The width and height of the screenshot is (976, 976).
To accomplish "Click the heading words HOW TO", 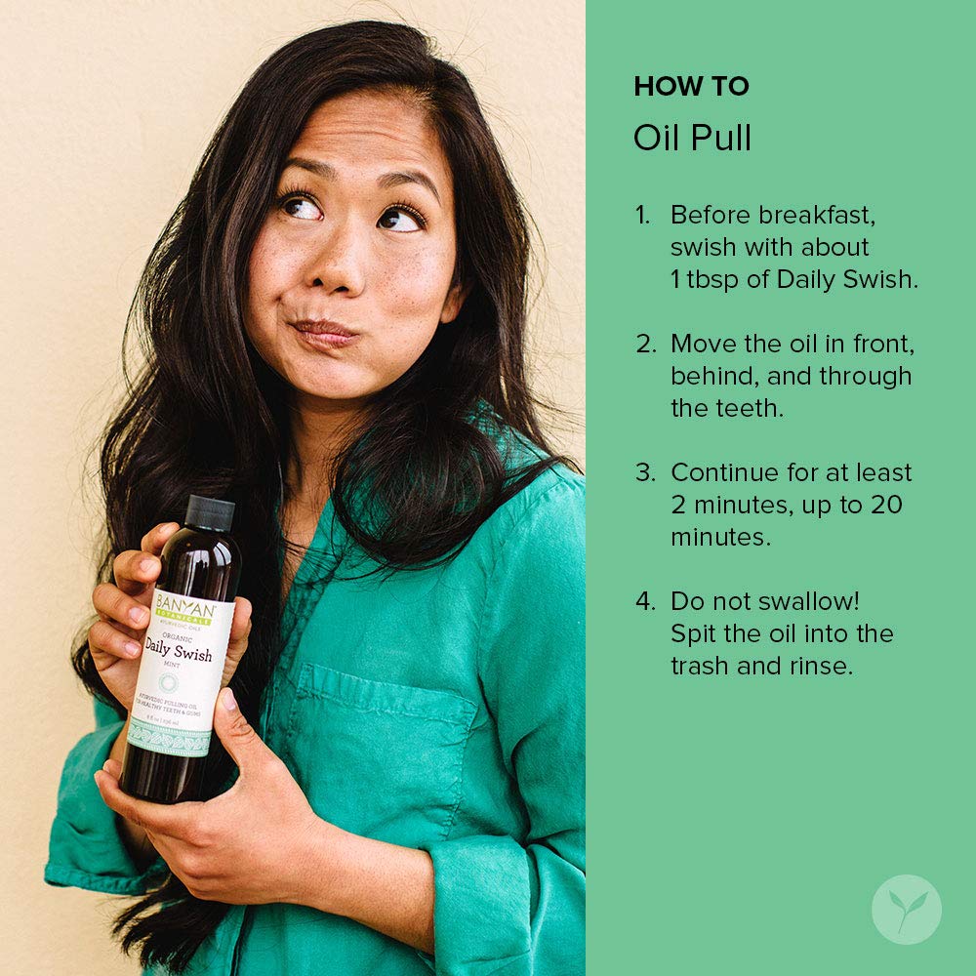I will pos(691,87).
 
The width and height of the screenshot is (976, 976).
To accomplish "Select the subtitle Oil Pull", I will pos(692,139).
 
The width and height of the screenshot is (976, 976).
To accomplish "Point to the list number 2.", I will pos(646,344).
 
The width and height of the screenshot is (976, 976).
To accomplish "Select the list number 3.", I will pos(646,472).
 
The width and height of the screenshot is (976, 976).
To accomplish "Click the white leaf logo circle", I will pos(907,910).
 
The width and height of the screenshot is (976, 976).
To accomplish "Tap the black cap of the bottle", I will pos(210,512).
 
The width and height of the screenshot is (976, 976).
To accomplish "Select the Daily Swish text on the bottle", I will pos(179,655).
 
